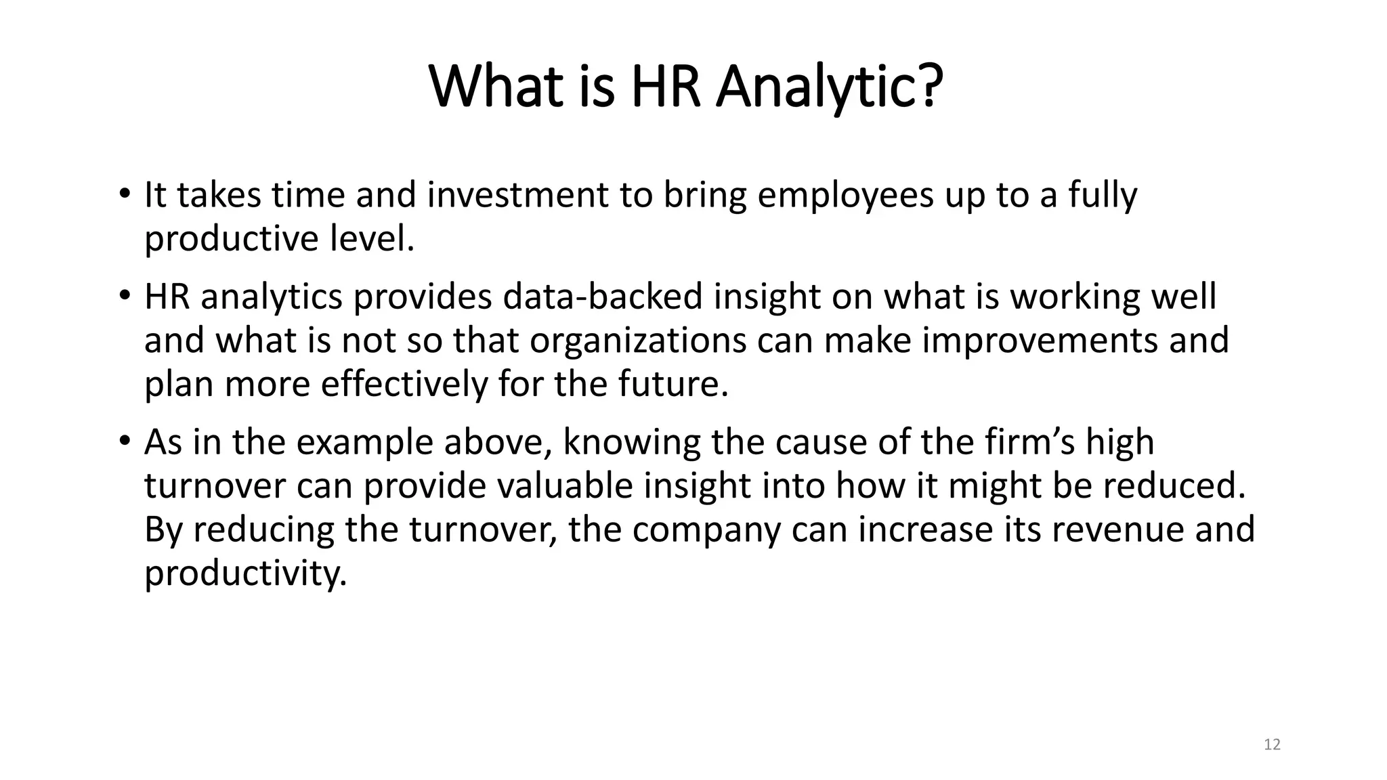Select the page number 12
[x=1272, y=745]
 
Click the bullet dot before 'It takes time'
[x=123, y=194]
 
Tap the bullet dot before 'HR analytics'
[x=123, y=296]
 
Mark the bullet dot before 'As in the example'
[x=123, y=441]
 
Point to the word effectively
[x=404, y=384]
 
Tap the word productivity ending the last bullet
[x=245, y=573]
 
